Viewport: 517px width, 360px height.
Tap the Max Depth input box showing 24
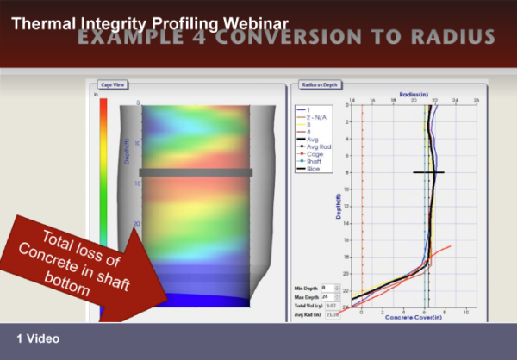coord(327,295)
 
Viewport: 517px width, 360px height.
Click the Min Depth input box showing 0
coord(327,287)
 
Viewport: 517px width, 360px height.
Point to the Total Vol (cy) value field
coord(329,304)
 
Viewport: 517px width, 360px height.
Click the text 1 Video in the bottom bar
coord(37,338)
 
